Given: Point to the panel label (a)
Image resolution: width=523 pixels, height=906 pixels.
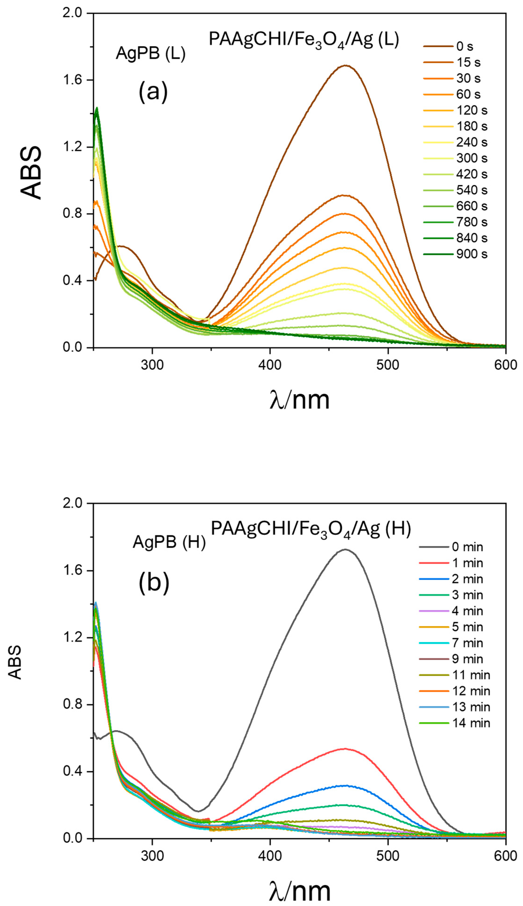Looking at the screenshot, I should coord(153,92).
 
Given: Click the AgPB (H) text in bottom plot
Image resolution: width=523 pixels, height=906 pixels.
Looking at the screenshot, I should coord(169,542).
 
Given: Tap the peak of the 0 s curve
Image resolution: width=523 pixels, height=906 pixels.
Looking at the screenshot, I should coord(346,65).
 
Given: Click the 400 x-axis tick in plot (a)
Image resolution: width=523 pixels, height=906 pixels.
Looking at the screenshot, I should coord(270,365).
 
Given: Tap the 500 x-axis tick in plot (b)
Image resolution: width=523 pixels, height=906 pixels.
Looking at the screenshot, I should coord(388,856).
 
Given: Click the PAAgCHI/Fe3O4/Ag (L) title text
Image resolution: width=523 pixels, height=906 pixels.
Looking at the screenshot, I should coord(304,40).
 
